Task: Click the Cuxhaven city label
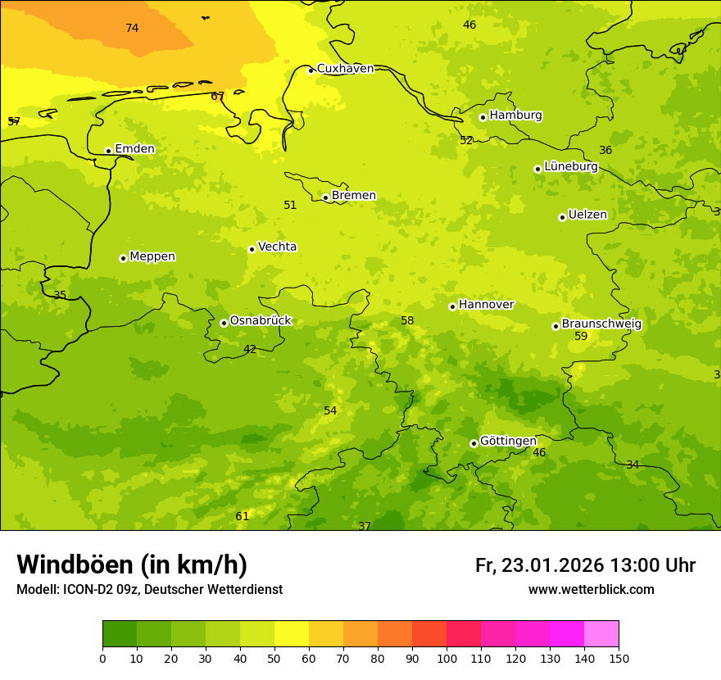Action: (x=345, y=69)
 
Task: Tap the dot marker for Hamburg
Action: (x=483, y=117)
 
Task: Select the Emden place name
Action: (x=134, y=149)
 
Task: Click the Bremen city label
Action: (x=353, y=196)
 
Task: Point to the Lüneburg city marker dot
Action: (x=537, y=169)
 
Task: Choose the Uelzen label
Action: (x=587, y=215)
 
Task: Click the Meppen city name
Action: (x=152, y=256)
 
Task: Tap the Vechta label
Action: (x=277, y=247)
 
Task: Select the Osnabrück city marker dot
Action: (x=224, y=323)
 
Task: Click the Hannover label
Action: (x=486, y=305)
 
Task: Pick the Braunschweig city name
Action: (x=601, y=324)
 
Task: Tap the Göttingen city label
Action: (x=508, y=442)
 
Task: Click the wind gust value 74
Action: (x=132, y=29)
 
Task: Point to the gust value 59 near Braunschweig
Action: (x=581, y=337)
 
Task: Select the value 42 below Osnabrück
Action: (x=250, y=350)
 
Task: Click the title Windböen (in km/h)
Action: (x=132, y=564)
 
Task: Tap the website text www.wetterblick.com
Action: (x=591, y=590)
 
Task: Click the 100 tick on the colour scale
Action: (x=447, y=658)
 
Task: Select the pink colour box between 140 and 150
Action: (x=601, y=634)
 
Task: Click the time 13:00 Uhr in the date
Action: (x=652, y=565)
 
